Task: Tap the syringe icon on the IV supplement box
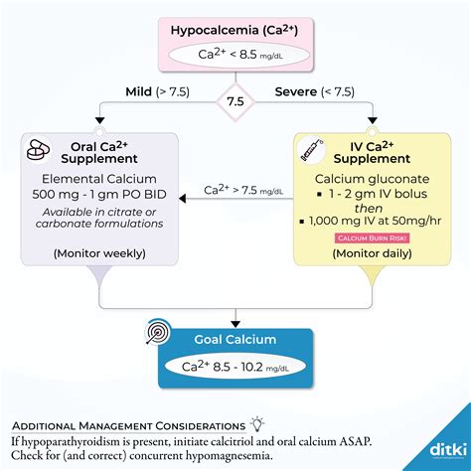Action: click(310, 151)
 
